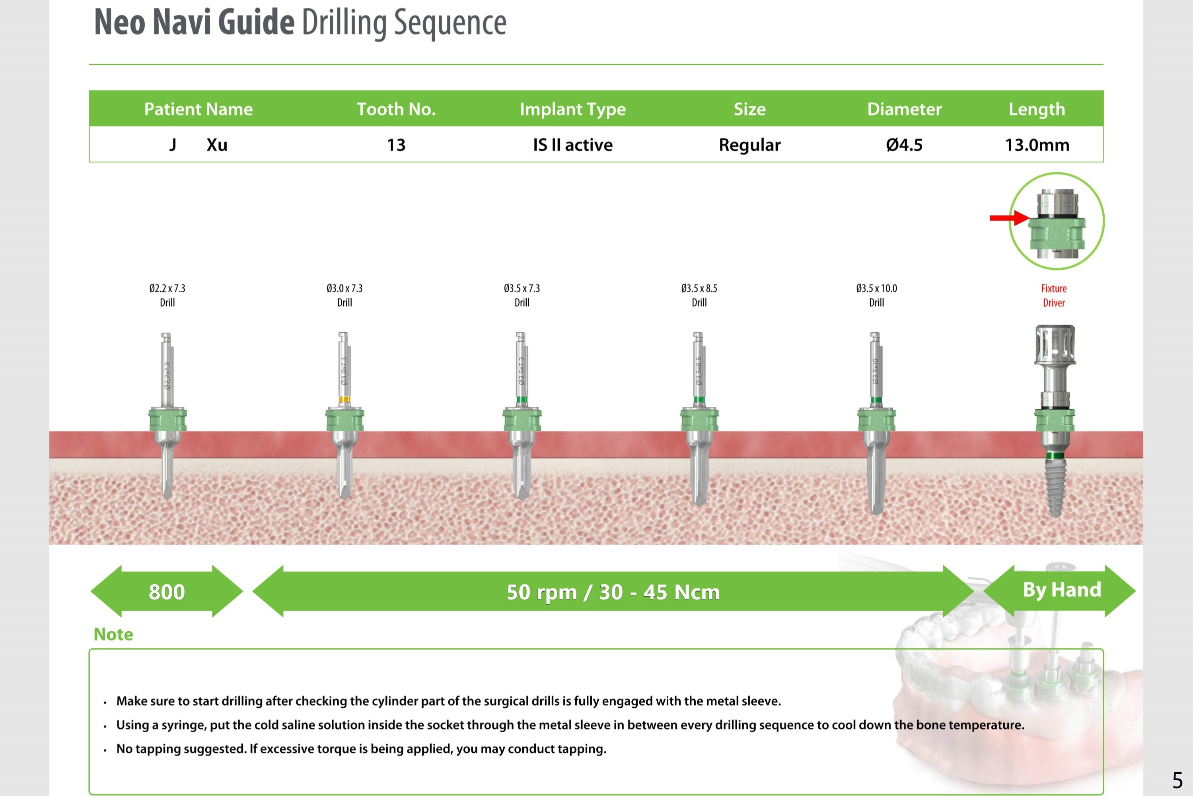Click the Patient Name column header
tap(198, 109)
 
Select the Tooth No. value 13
tap(396, 145)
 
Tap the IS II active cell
tap(573, 145)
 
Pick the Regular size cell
tap(749, 145)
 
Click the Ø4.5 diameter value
tap(904, 145)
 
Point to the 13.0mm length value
tap(1037, 145)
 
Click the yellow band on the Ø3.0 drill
tap(344, 399)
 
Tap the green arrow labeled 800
tap(167, 592)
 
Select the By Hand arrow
tap(1061, 590)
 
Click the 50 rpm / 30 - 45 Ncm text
tap(613, 592)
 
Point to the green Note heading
tap(113, 634)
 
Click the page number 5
tap(1177, 780)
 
